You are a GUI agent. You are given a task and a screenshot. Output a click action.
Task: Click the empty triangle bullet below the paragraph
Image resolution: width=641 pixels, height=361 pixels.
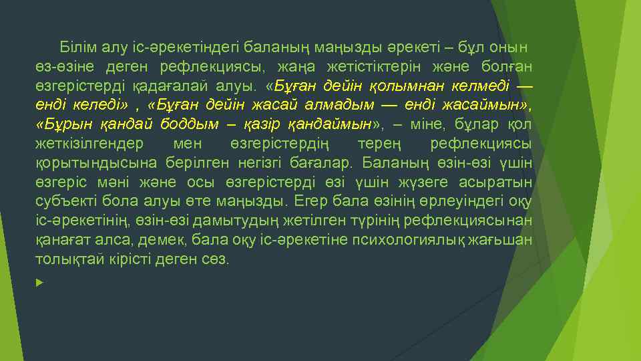40,283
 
